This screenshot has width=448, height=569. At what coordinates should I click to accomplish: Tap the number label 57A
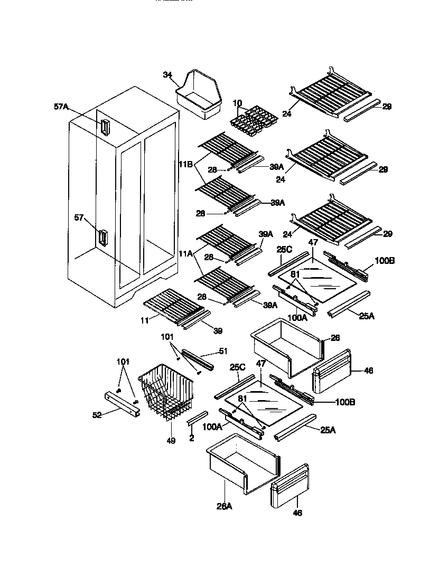tap(61, 107)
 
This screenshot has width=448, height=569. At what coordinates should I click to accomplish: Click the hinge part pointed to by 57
tap(102, 238)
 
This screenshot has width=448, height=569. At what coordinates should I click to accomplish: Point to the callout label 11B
tap(186, 164)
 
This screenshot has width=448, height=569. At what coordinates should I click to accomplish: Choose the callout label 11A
tap(186, 254)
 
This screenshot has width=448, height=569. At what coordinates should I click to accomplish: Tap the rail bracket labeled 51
tap(197, 358)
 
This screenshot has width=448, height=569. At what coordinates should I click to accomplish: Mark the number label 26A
tap(224, 506)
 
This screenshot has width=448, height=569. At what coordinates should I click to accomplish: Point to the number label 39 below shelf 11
tap(218, 331)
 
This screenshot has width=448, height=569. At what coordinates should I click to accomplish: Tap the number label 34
tap(167, 75)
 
